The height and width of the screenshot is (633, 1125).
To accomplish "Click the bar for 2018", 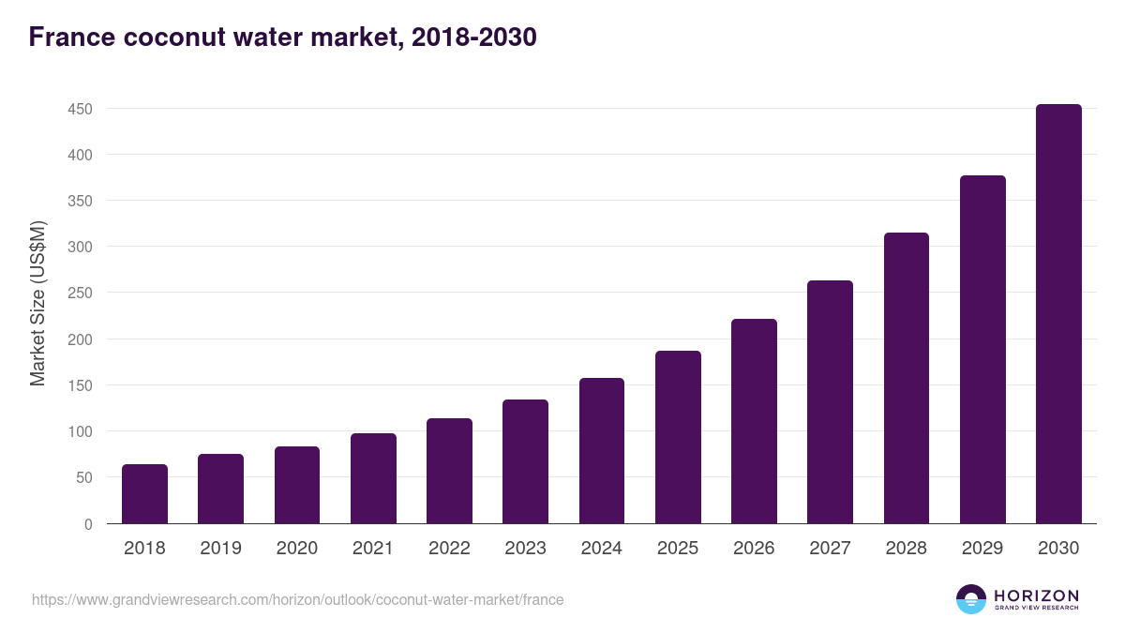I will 144,494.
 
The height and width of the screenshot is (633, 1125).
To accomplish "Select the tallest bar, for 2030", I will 1058,314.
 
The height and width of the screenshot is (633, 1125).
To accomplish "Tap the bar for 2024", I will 602,451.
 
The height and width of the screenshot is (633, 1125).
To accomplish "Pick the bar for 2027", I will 830,402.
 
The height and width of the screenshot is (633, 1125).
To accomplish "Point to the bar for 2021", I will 373,478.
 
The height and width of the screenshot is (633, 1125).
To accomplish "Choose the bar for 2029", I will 982,350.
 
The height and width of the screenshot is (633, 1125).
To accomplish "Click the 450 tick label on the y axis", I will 80,109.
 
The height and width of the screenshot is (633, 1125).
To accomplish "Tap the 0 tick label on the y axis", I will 88,524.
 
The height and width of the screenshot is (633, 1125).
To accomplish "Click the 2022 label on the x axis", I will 449,549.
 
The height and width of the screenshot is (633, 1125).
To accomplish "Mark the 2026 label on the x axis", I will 754,549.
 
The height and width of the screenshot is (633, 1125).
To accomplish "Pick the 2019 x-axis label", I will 220,549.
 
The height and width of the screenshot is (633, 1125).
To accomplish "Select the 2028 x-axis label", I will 906,549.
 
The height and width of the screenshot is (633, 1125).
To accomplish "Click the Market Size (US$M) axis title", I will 37,303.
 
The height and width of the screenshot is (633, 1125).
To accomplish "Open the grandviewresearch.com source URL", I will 298,599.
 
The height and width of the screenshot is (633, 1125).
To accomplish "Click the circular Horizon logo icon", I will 971,599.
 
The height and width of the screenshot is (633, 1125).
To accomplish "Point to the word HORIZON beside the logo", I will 1036,595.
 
